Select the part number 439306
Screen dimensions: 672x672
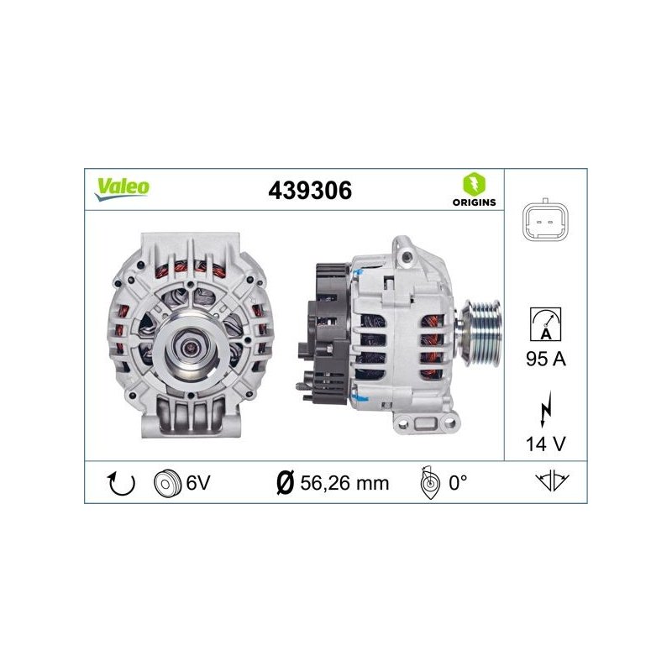(310, 191)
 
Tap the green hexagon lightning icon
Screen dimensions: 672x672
(474, 184)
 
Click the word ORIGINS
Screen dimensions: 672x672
(474, 202)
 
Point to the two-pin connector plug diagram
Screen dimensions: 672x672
(545, 222)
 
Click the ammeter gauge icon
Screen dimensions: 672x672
(545, 324)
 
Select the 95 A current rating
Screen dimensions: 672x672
(545, 359)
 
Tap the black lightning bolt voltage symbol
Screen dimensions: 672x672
(545, 409)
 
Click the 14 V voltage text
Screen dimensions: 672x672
(545, 444)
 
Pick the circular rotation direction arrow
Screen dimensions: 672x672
(121, 484)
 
